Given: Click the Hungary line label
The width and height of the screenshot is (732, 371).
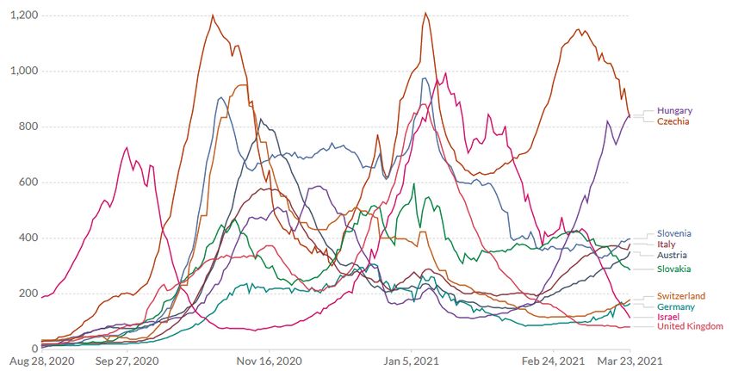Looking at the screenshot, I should coord(674,111).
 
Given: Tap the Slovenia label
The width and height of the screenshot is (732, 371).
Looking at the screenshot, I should coord(674,233).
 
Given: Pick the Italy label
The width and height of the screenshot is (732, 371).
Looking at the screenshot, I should coord(667,244).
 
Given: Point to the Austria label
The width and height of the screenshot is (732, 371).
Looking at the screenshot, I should coord(672,256).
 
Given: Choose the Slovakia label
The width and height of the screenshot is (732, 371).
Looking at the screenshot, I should coord(674,269).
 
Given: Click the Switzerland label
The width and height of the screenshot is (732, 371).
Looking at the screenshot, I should coord(681,296).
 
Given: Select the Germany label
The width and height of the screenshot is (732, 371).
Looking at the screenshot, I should coord(676,307).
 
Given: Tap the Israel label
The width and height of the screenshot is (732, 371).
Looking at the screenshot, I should coord(668,318).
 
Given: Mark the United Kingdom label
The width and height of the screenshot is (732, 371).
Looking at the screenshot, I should coord(691,327).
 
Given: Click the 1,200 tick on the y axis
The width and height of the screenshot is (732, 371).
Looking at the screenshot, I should coord(23,15).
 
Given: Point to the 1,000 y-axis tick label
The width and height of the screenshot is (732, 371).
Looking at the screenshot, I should coord(23,71).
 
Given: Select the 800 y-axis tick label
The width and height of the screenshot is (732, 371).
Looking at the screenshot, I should coord(28,127).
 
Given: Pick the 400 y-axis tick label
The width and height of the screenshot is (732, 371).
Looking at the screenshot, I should coord(28,238).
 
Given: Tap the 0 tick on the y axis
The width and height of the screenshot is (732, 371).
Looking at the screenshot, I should coord(34,349).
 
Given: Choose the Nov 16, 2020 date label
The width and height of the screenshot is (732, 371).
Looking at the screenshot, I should coord(270,362).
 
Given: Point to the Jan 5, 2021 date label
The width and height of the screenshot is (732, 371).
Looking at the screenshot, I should coord(415,362).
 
